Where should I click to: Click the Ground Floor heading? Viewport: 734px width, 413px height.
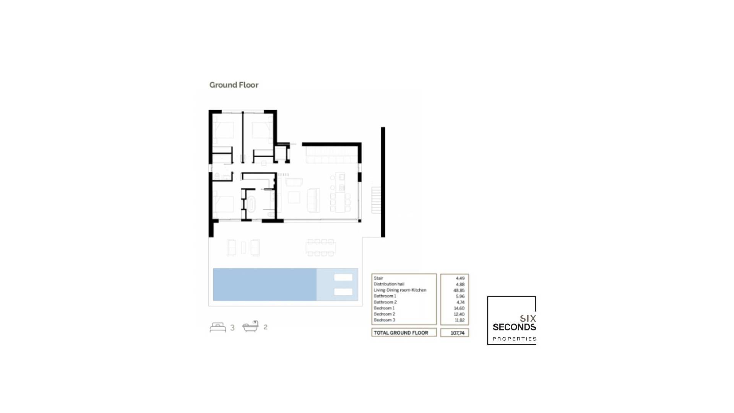click(x=234, y=85)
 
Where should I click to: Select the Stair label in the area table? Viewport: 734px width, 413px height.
click(x=378, y=278)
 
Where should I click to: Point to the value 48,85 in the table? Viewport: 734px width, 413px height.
click(x=459, y=290)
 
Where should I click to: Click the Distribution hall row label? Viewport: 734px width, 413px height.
click(x=389, y=284)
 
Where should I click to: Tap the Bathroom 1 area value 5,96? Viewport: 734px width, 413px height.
click(x=460, y=296)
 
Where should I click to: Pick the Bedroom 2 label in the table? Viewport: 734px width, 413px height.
click(x=384, y=314)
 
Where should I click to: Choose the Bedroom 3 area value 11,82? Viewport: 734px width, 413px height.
click(x=460, y=320)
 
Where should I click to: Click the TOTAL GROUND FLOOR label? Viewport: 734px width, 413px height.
click(x=401, y=333)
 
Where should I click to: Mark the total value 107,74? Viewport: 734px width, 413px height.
click(x=457, y=333)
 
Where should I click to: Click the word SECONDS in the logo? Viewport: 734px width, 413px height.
click(x=514, y=327)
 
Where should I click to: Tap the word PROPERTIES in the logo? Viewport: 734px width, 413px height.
click(x=514, y=339)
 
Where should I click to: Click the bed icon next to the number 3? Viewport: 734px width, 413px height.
click(x=218, y=327)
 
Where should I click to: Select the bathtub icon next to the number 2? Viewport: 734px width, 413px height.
click(x=250, y=327)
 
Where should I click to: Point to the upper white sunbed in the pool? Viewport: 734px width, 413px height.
click(x=343, y=278)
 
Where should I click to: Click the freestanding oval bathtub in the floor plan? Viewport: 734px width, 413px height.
click(x=251, y=204)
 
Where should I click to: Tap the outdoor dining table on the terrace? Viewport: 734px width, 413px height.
click(x=321, y=247)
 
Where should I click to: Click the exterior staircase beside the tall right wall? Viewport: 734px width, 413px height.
click(x=376, y=200)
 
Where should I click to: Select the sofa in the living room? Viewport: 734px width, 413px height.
click(x=313, y=200)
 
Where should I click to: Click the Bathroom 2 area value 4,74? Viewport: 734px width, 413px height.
click(x=460, y=302)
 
